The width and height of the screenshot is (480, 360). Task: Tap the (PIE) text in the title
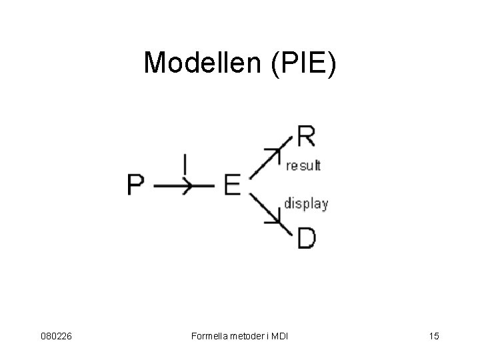pos(303,63)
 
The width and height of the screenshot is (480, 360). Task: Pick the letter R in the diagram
pos(306,138)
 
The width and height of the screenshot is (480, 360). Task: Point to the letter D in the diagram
pos(306,237)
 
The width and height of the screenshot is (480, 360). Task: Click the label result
pos(303,165)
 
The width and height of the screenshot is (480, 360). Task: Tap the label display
pos(306,203)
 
